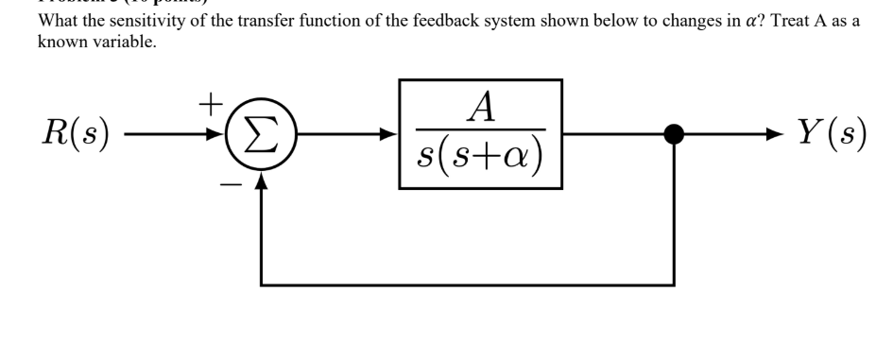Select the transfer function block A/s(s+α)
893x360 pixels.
(481, 134)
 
